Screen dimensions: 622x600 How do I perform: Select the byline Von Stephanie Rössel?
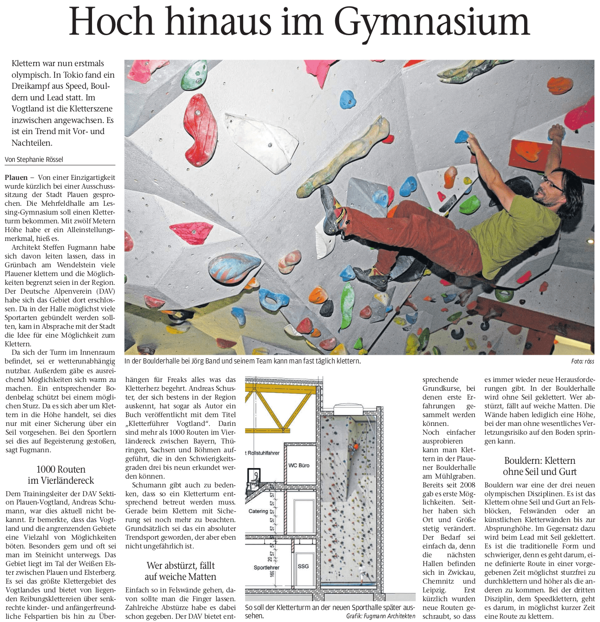(34, 160)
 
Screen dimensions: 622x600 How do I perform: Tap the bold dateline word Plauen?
(16, 178)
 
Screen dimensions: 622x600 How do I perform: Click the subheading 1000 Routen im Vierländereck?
(61, 475)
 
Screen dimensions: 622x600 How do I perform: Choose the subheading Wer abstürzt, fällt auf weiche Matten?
(180, 571)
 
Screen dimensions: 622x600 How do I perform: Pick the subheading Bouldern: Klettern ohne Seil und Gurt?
(539, 466)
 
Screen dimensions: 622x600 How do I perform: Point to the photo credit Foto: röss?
(582, 361)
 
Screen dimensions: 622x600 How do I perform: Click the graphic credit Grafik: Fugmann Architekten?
(380, 616)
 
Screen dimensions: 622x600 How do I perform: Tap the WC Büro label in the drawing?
(299, 465)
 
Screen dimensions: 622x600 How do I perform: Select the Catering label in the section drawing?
(258, 511)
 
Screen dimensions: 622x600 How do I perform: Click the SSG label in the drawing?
(303, 566)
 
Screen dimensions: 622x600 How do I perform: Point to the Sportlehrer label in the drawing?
(266, 567)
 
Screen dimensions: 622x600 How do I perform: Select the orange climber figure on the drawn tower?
(356, 447)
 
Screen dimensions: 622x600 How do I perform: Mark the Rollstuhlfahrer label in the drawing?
(263, 453)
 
